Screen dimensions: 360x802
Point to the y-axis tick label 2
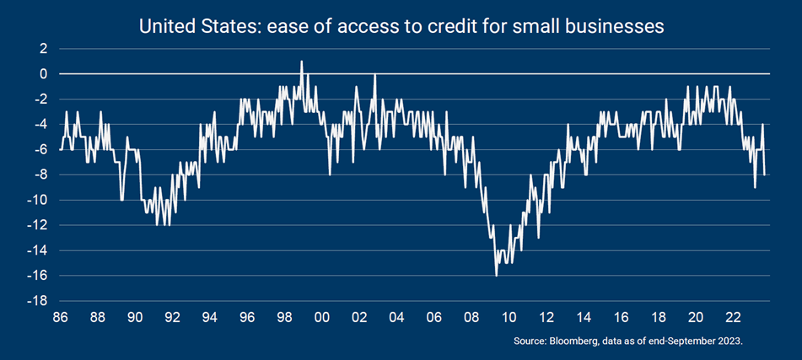(x=40, y=49)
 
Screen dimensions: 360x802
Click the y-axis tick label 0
(x=40, y=74)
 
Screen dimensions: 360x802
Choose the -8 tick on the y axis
(x=37, y=175)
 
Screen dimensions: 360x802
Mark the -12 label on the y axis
(x=35, y=226)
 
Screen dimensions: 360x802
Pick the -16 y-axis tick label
(x=35, y=277)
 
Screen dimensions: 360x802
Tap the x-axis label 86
(x=60, y=318)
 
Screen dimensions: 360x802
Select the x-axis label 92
(x=172, y=318)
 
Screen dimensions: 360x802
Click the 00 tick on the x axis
(x=321, y=318)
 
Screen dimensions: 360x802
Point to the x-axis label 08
(x=471, y=318)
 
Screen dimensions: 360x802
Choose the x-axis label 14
(x=584, y=318)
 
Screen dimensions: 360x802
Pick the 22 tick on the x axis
(x=733, y=318)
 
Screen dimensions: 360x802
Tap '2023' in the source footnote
(x=731, y=341)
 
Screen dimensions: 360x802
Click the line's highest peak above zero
(x=302, y=62)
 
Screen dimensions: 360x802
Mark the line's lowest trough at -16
(x=496, y=276)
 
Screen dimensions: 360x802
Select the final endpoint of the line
(x=765, y=175)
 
